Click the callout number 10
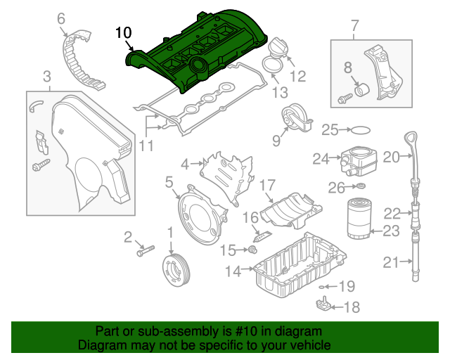tap(123, 32)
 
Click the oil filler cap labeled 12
tap(275, 51)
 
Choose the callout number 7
tap(354, 27)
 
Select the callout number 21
tap(390, 263)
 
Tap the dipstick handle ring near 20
tap(409, 135)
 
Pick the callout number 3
tap(46, 76)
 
